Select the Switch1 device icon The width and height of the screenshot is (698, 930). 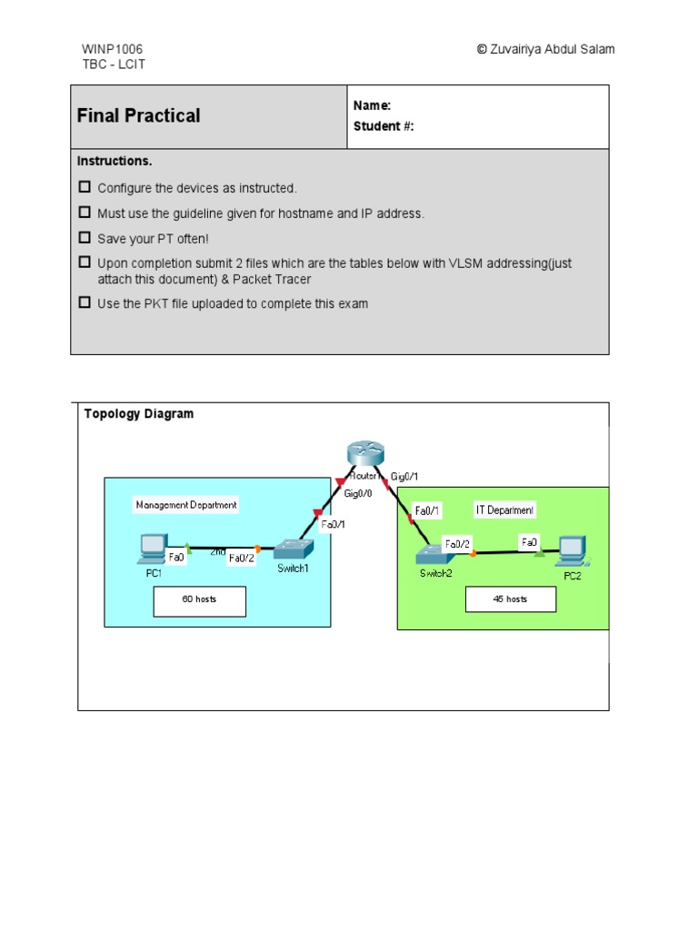(x=294, y=549)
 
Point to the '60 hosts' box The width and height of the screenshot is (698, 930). (x=199, y=600)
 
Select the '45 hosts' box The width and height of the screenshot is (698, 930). (x=510, y=599)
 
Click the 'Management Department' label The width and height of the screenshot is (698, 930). (x=186, y=505)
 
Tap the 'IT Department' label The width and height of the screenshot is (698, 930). (x=505, y=510)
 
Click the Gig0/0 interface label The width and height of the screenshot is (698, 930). (x=357, y=493)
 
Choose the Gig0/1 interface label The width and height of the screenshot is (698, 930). (x=404, y=476)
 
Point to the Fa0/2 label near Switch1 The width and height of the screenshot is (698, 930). (x=242, y=559)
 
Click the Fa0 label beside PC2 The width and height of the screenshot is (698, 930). (x=529, y=542)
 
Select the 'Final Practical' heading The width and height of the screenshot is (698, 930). (x=139, y=116)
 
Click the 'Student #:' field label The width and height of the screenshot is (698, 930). (x=384, y=126)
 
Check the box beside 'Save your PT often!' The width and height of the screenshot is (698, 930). (x=85, y=238)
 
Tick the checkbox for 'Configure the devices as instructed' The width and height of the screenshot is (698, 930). (x=85, y=187)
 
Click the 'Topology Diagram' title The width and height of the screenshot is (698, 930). (x=139, y=414)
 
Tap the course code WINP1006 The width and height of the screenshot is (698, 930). (x=112, y=49)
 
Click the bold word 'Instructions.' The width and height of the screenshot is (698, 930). (x=115, y=161)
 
